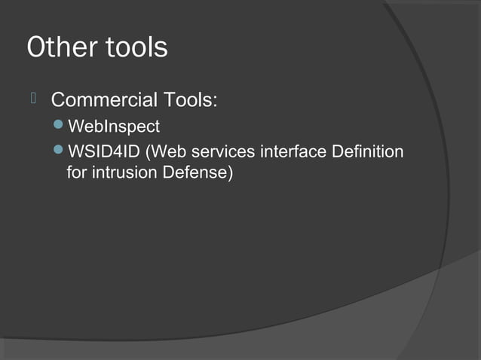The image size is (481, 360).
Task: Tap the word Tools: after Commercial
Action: (x=191, y=99)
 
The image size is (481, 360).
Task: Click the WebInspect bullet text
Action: (x=114, y=127)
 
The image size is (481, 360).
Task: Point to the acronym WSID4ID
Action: (x=105, y=152)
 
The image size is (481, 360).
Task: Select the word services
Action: (x=223, y=152)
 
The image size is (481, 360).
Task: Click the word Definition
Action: (x=367, y=152)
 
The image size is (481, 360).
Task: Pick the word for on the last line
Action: (x=77, y=174)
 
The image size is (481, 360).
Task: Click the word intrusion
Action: (x=120, y=174)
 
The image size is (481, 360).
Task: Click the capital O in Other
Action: (x=37, y=47)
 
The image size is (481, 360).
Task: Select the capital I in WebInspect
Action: (x=103, y=126)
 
